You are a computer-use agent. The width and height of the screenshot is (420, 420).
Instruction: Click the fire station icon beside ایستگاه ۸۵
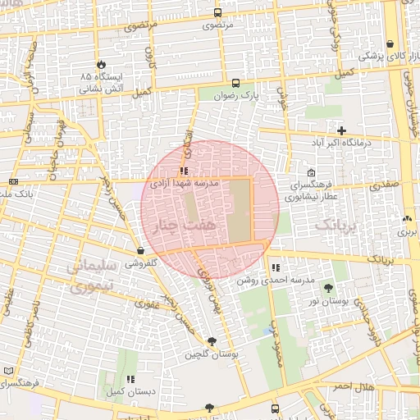[100, 63]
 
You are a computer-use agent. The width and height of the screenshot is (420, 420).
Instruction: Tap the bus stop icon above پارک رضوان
[236, 83]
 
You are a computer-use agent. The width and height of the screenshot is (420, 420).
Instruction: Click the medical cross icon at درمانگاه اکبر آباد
[341, 130]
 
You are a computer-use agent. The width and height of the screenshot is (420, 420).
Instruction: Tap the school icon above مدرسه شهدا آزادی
[184, 171]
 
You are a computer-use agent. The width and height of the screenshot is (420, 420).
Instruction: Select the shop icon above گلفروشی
[141, 251]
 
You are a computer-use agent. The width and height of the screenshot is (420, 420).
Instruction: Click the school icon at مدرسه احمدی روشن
[275, 267]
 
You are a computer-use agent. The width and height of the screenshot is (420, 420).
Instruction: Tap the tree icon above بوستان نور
[329, 288]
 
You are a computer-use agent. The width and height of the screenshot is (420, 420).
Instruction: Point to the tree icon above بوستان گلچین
[212, 341]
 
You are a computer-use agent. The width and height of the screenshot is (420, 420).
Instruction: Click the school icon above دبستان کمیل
[130, 380]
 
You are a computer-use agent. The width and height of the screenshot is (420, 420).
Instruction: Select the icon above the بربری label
[407, 219]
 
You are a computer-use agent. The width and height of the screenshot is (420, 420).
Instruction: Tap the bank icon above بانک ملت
[13, 181]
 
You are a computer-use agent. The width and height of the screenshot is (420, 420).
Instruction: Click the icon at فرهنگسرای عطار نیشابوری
[311, 173]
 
